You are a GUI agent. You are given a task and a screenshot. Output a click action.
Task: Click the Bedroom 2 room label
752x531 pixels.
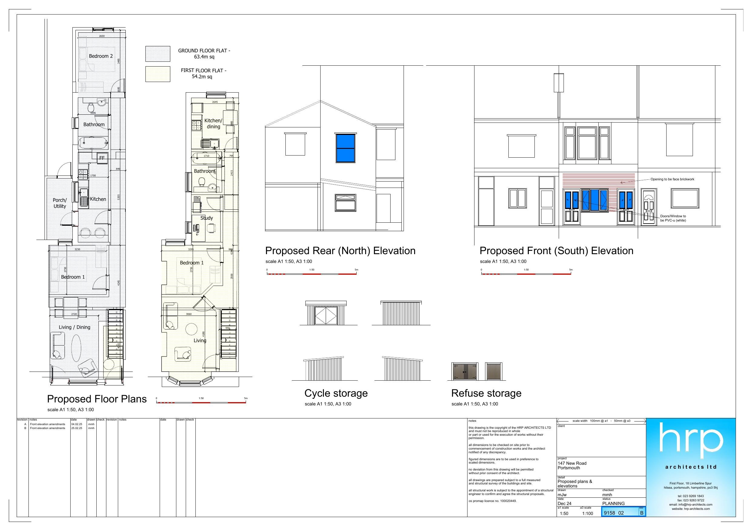click(101, 56)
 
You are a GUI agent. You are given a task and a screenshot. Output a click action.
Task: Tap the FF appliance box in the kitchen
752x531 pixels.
click(102, 158)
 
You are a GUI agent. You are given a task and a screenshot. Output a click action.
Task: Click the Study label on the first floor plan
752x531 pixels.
click(207, 218)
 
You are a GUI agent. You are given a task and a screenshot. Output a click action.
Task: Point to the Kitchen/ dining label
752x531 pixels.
click(213, 124)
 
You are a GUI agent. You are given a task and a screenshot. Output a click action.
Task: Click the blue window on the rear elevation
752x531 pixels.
click(345, 148)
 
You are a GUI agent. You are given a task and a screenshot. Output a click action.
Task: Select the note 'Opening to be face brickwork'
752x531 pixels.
click(672, 179)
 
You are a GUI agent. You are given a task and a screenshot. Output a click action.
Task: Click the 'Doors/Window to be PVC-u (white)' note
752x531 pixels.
click(673, 218)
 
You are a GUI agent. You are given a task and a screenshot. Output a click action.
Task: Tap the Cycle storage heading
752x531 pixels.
click(336, 393)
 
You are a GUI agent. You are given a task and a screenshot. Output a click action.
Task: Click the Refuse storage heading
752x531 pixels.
click(486, 393)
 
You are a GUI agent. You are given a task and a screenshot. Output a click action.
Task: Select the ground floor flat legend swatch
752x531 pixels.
click(158, 54)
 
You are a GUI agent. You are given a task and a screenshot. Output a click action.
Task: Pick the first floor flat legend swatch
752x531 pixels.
click(158, 74)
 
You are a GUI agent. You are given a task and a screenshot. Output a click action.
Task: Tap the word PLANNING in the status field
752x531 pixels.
click(613, 503)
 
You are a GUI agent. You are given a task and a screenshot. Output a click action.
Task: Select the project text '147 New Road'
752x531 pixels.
click(572, 463)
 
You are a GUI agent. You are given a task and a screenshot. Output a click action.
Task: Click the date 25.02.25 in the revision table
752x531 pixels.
click(77, 428)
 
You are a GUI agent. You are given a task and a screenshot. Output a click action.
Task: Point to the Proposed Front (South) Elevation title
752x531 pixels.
click(556, 251)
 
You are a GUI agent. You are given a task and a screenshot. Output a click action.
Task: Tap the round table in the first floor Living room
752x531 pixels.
click(191, 329)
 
